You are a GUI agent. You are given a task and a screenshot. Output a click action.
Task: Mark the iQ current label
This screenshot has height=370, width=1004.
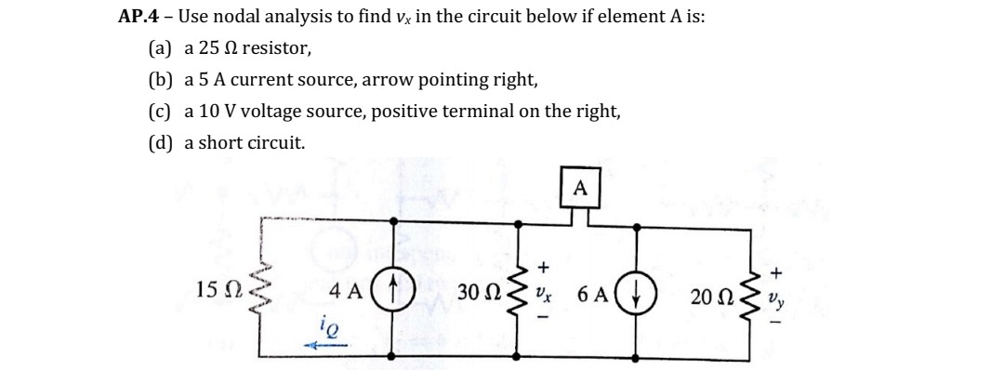[x=319, y=327]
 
